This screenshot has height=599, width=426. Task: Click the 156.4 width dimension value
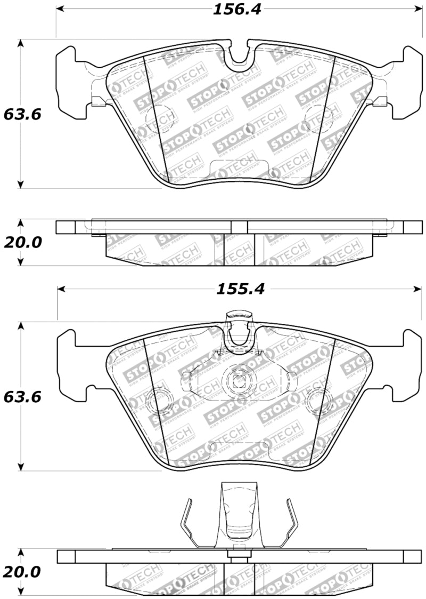tap(238, 10)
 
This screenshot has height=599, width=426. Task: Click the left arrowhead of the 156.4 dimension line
tap(60, 10)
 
